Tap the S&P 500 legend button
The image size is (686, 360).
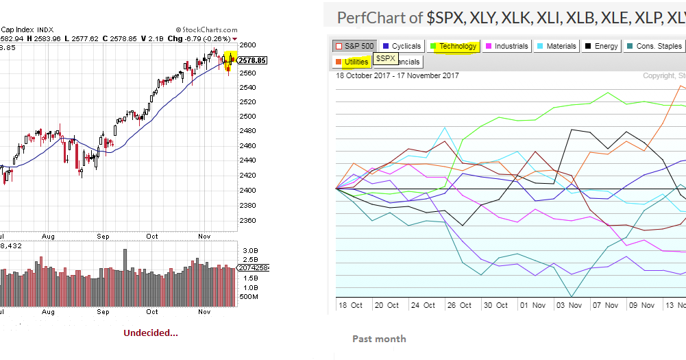(x=354, y=46)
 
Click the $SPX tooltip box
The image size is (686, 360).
(x=386, y=59)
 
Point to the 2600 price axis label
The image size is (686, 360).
(x=248, y=45)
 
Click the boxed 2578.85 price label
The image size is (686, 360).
(x=253, y=60)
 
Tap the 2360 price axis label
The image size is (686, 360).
(x=248, y=220)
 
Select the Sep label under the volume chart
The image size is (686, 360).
(x=103, y=312)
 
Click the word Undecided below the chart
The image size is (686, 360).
(x=150, y=333)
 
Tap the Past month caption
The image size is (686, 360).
(x=378, y=339)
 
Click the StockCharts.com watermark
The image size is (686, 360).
(x=208, y=30)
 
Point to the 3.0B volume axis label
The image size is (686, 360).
(x=249, y=251)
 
